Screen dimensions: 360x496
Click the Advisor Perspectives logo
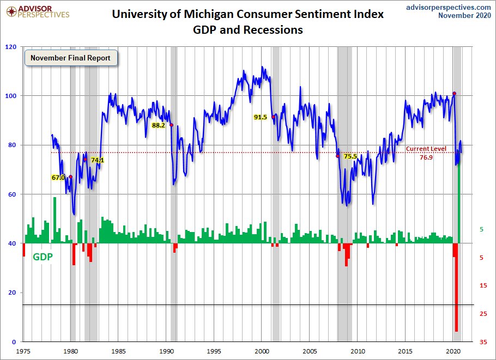point(36,11)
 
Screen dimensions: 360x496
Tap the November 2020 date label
point(464,16)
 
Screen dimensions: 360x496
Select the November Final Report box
point(70,58)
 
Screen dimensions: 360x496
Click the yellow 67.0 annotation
point(58,177)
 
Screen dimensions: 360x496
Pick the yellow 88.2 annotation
point(159,125)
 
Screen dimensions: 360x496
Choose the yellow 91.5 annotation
point(261,117)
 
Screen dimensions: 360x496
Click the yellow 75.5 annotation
point(350,156)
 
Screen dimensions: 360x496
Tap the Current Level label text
point(426,149)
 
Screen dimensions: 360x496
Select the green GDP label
point(43,257)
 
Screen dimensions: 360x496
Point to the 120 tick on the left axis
point(10,47)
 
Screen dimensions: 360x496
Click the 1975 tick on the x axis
point(23,351)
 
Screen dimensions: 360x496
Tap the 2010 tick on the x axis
point(358,351)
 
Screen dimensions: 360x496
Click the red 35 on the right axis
point(483,342)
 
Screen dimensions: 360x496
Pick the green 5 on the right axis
point(481,230)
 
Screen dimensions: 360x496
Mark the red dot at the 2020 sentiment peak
point(455,94)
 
